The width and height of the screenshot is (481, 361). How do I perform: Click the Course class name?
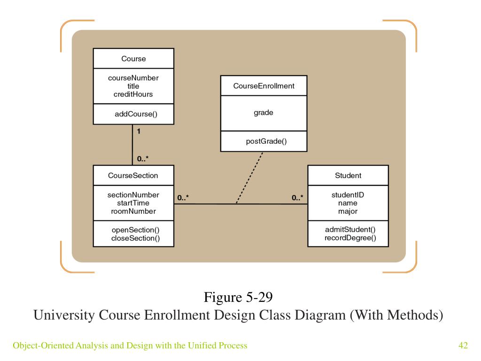[133, 59]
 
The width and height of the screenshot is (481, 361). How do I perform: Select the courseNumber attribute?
[133, 78]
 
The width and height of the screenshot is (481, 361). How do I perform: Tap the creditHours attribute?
[133, 94]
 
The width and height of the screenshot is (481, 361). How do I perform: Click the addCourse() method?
[136, 114]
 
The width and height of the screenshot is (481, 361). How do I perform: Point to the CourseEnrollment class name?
[264, 86]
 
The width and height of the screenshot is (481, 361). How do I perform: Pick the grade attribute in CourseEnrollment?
[264, 113]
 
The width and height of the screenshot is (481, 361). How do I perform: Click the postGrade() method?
[266, 141]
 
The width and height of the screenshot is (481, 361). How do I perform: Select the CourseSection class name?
[133, 176]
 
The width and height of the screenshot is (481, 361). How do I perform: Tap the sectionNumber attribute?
[133, 195]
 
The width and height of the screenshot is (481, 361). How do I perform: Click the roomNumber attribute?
[133, 211]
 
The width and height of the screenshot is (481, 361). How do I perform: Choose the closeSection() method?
[136, 238]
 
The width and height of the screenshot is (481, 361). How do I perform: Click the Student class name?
[348, 176]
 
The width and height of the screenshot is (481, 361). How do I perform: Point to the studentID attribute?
[348, 195]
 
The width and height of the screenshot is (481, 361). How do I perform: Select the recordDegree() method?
[350, 238]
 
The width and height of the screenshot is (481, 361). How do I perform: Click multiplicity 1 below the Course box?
[139, 132]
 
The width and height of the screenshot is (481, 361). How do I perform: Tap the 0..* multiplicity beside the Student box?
[297, 198]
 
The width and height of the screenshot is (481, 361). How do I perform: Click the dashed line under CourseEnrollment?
[249, 178]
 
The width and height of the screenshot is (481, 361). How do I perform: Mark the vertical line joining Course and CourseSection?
[132, 145]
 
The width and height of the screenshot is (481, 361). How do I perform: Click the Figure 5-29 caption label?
[238, 297]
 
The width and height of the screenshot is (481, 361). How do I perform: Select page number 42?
[463, 345]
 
